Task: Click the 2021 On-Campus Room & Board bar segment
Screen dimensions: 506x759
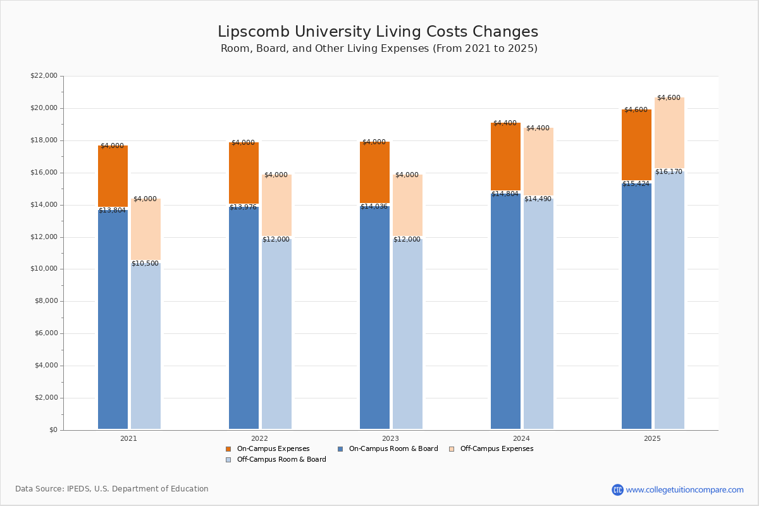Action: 113,319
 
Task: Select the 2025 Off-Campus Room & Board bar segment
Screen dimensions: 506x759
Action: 669,300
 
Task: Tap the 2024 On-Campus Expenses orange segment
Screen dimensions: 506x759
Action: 505,156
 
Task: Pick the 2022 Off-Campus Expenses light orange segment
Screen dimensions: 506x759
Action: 276,206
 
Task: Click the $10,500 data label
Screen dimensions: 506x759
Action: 145,264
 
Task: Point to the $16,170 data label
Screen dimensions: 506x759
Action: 669,172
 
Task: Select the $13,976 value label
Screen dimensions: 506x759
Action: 243,207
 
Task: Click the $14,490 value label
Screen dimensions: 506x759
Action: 538,199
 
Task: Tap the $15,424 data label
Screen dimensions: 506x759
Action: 636,184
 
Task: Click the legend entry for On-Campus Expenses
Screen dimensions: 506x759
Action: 268,449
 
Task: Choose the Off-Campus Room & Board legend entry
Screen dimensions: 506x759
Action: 276,460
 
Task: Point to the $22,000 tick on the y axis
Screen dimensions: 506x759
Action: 44,76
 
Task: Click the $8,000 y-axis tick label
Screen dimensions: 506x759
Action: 46,301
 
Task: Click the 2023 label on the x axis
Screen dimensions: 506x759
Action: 390,438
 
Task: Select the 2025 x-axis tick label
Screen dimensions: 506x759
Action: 652,438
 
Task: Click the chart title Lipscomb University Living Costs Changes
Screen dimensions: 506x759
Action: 378,32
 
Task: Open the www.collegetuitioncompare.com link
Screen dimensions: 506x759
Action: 684,490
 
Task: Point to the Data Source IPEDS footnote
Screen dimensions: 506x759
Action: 112,489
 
